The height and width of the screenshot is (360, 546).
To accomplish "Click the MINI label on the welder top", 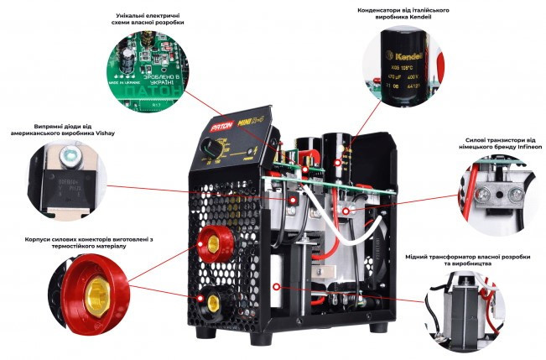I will [x=247, y=126].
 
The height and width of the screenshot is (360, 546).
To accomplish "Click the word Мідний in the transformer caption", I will [x=419, y=255].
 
